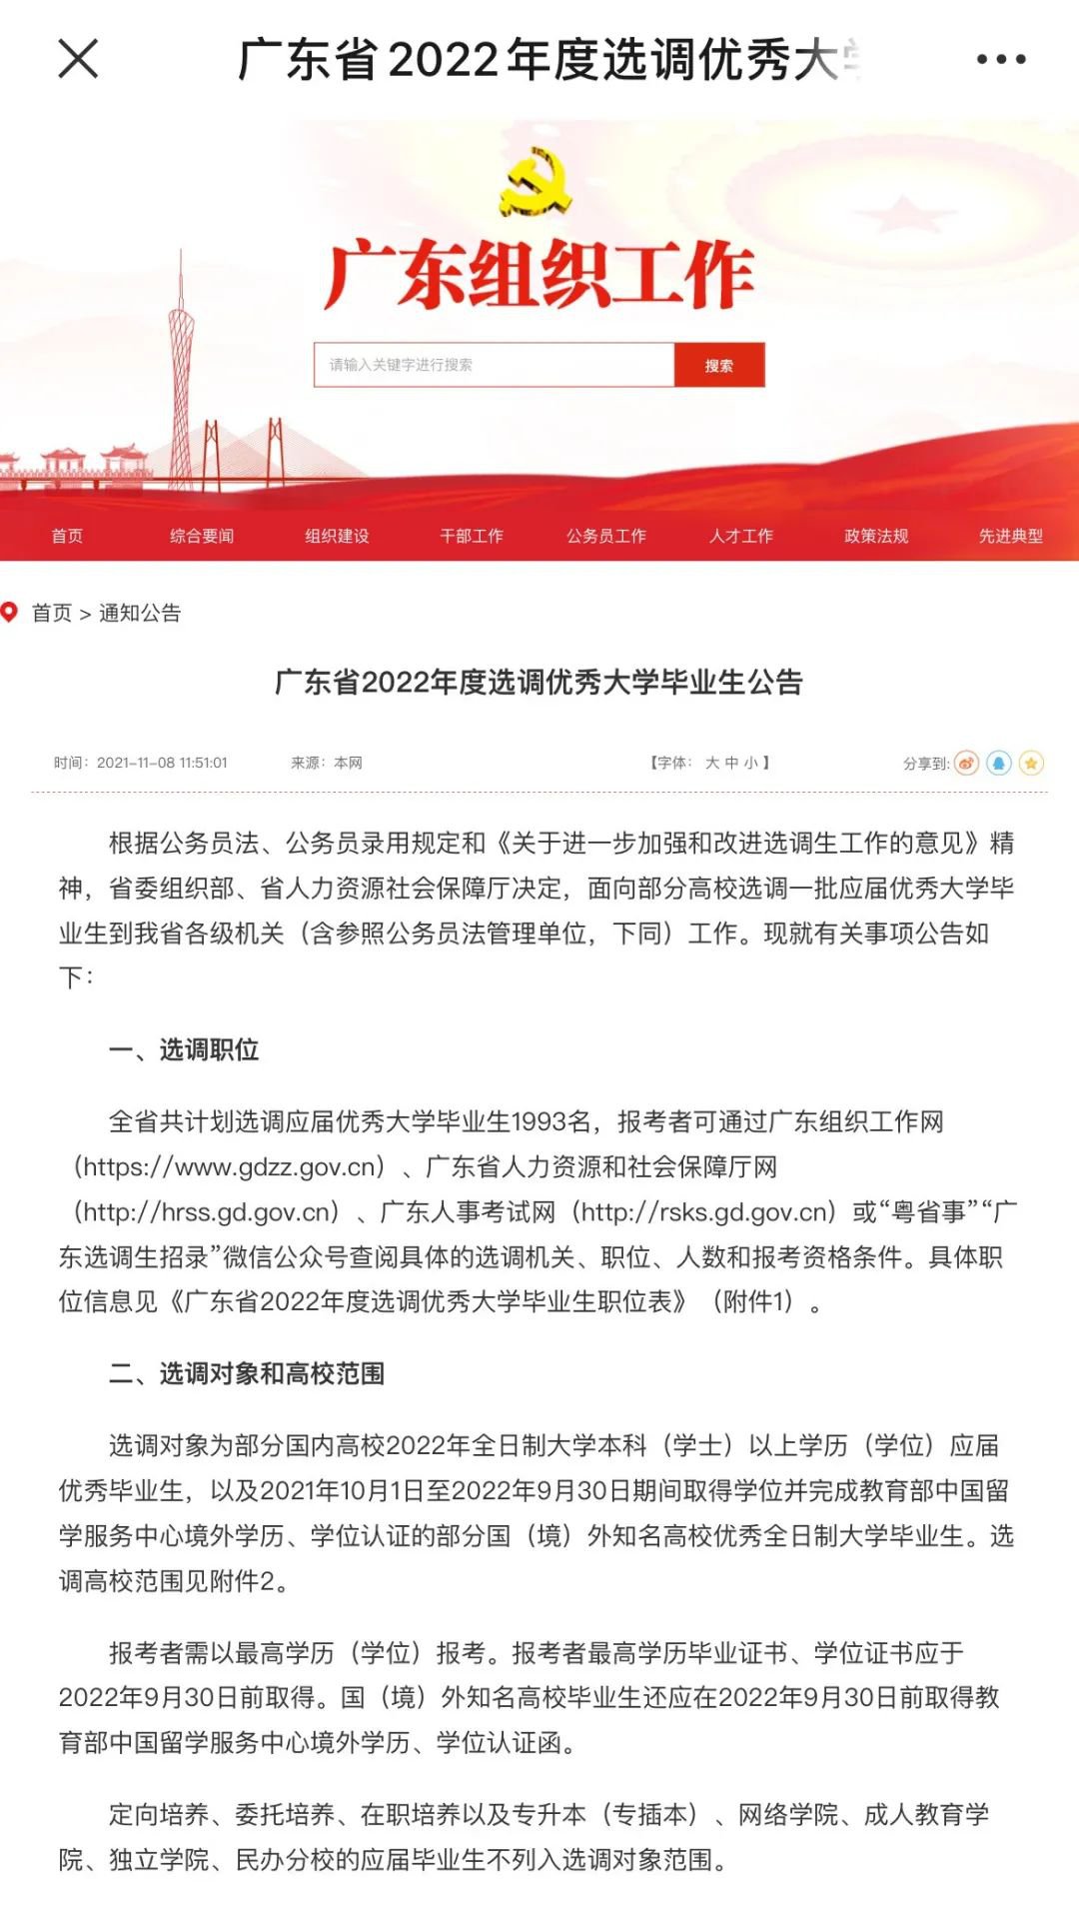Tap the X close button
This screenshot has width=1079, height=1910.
[x=78, y=59]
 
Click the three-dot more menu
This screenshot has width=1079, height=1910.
[x=1000, y=60]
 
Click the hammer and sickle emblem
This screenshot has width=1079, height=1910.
[x=536, y=183]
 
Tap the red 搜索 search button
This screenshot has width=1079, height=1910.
[x=719, y=366]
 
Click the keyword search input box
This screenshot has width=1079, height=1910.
[x=495, y=366]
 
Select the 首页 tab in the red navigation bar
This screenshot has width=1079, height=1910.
[x=67, y=537]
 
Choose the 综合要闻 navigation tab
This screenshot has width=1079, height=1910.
[x=202, y=537]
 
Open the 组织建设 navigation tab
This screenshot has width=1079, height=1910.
[x=337, y=537]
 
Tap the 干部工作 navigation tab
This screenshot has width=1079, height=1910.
[x=472, y=537]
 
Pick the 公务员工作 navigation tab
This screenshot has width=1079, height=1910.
[x=606, y=537]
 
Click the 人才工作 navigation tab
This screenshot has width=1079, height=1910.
[x=741, y=537]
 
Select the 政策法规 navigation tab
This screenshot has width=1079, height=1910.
[x=876, y=537]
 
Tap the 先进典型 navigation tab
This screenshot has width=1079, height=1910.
[x=1011, y=537]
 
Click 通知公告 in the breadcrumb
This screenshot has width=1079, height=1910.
[x=140, y=614]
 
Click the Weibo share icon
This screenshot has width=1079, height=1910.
[x=966, y=764]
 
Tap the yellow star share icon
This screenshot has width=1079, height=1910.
[x=1031, y=764]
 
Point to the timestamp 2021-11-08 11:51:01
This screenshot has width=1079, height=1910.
[x=162, y=764]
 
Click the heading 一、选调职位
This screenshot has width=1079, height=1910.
[x=184, y=1050]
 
